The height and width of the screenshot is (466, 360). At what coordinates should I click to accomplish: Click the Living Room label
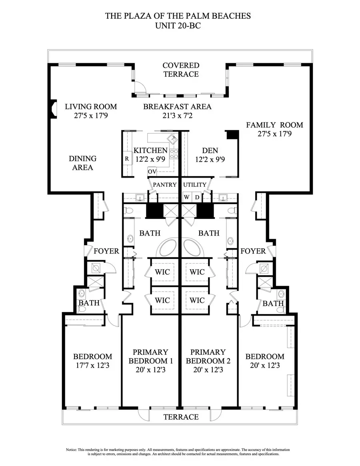(x=91, y=106)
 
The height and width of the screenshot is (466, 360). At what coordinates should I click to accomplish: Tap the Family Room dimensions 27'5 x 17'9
(x=274, y=134)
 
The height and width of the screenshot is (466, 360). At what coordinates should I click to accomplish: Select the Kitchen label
(x=150, y=150)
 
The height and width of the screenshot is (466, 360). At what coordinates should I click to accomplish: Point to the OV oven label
(x=152, y=172)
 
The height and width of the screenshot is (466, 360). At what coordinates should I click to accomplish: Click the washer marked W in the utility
(x=187, y=197)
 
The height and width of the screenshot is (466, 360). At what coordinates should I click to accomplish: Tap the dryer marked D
(x=197, y=197)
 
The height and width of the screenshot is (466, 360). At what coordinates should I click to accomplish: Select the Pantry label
(x=164, y=185)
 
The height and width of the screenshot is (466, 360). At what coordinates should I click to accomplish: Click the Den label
(x=210, y=150)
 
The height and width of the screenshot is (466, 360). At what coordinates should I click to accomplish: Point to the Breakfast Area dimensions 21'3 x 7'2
(x=177, y=116)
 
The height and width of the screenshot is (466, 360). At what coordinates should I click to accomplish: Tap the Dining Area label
(x=83, y=163)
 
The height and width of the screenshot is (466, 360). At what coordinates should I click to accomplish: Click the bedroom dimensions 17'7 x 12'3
(x=92, y=365)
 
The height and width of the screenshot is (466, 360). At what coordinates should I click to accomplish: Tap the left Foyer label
(x=106, y=251)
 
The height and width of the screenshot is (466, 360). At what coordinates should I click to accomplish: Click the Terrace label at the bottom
(x=181, y=417)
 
